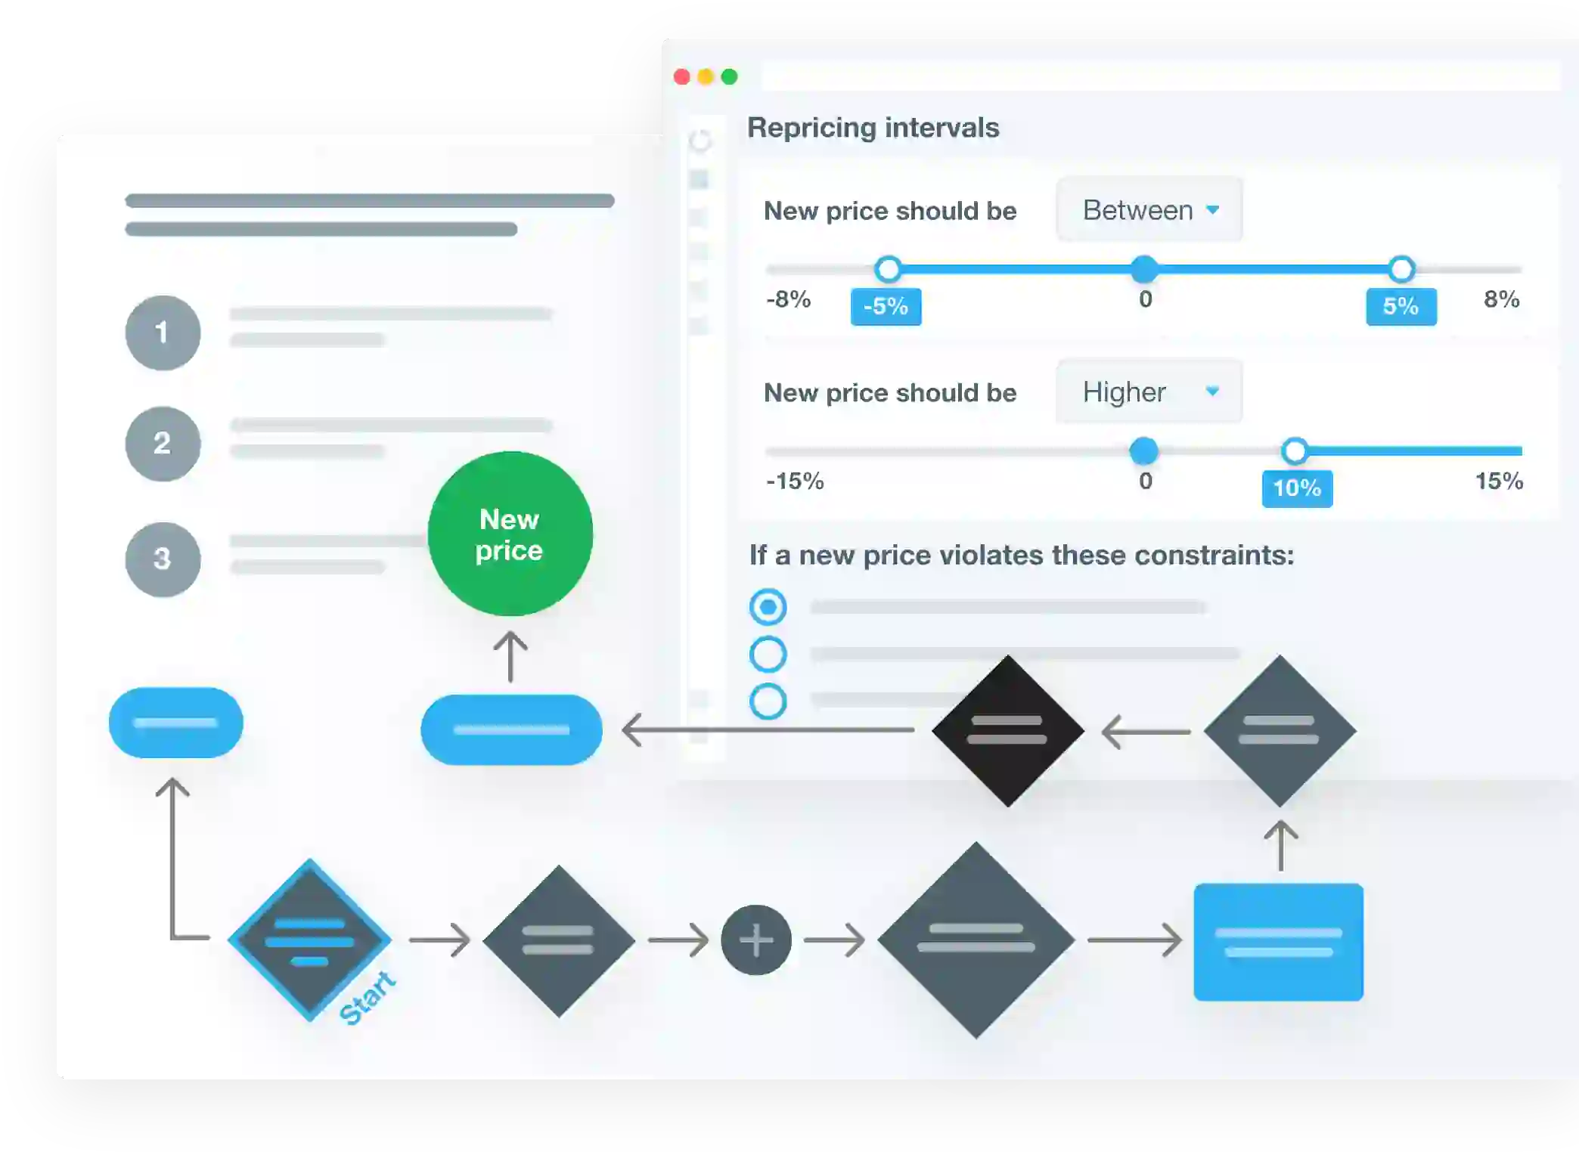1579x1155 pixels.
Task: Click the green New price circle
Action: (510, 534)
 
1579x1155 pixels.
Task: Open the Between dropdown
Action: (1149, 210)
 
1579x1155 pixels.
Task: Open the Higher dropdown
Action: (1149, 392)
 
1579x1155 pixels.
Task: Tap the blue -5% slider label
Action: (886, 307)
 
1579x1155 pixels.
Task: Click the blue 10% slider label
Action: (1297, 488)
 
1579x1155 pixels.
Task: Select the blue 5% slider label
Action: (1401, 307)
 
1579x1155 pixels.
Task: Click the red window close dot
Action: (681, 77)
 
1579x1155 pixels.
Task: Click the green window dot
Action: (729, 77)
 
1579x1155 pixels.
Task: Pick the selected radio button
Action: (768, 607)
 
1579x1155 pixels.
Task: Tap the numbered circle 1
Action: (163, 333)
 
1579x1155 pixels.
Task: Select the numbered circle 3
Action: (163, 559)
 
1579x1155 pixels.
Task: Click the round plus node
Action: (756, 940)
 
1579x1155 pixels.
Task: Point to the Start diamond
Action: (309, 940)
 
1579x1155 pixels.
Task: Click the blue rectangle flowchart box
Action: (1278, 942)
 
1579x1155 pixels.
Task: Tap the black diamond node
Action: (1007, 730)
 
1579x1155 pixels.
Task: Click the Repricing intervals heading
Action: (873, 128)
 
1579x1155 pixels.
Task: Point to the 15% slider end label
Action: (1499, 481)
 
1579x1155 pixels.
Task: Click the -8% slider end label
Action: (788, 299)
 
